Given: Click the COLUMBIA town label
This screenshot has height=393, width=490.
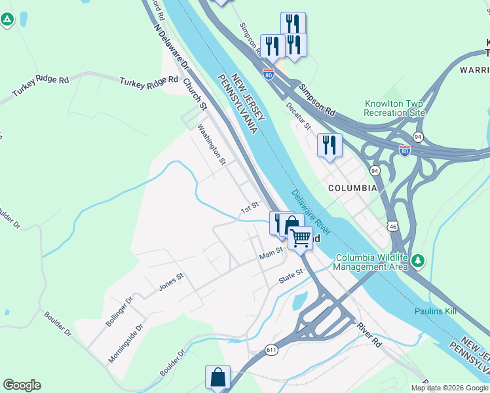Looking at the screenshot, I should point(352,188).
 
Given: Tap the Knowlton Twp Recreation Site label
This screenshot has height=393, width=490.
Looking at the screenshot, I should point(395,109).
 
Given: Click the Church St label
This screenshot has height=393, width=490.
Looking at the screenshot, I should point(195,95).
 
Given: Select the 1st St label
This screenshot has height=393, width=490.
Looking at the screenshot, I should point(250,209).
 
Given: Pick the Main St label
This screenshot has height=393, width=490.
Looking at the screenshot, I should point(270,252).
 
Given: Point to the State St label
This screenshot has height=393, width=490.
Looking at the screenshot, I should point(292,276).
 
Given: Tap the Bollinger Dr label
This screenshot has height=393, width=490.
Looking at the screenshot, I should point(119,312).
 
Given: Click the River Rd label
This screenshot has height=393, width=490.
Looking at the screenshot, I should point(369,334).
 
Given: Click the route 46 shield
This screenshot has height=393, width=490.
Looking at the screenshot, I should point(392,226).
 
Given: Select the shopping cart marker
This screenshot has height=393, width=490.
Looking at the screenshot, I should point(300,237).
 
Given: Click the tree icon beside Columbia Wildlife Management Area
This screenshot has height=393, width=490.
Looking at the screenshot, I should point(417,262).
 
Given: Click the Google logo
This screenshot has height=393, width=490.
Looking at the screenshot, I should point(22,385).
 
